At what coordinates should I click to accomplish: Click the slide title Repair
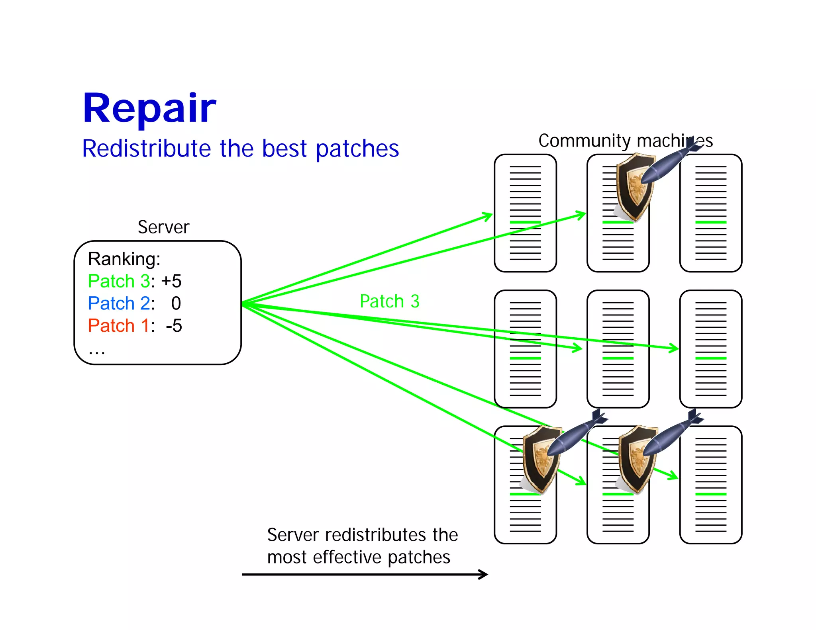(x=149, y=108)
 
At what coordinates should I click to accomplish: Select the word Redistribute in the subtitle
(x=146, y=149)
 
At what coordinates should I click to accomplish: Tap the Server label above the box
(x=163, y=227)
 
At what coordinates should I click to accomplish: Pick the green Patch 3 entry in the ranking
(x=119, y=281)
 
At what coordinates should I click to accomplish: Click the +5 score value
(x=171, y=281)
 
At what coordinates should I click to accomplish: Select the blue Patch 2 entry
(x=119, y=303)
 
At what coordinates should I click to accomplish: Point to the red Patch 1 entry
(x=119, y=326)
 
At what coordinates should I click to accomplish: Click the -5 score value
(x=174, y=326)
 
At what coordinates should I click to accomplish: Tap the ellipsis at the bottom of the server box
(x=97, y=352)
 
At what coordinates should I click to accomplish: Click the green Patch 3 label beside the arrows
(x=389, y=301)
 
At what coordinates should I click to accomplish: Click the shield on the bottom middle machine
(x=636, y=459)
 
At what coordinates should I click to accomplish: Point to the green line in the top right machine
(x=710, y=222)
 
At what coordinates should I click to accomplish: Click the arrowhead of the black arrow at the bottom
(x=484, y=574)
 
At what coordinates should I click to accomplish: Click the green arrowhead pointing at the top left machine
(x=488, y=216)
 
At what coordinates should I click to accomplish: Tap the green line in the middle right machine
(x=710, y=358)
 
